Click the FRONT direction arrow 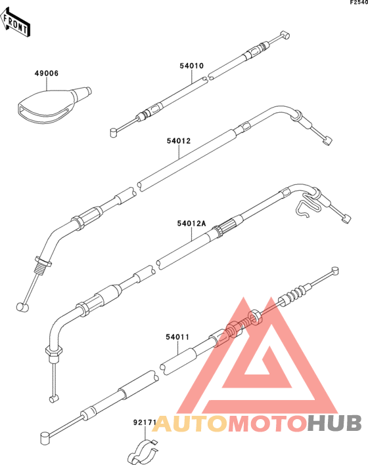pyautogui.click(x=15, y=23)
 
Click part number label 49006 pyautogui.click(x=47, y=73)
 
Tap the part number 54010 pyautogui.click(x=191, y=66)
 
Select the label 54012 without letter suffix pyautogui.click(x=178, y=141)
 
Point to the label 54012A pyautogui.click(x=191, y=223)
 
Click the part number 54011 pyautogui.click(x=177, y=337)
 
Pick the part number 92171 pyautogui.click(x=145, y=422)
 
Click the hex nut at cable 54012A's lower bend pyautogui.click(x=53, y=351)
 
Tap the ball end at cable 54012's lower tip pyautogui.click(x=22, y=307)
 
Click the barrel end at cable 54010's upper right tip pyautogui.click(x=285, y=35)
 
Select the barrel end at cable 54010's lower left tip pyautogui.click(x=114, y=132)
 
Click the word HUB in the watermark pyautogui.click(x=334, y=424)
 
